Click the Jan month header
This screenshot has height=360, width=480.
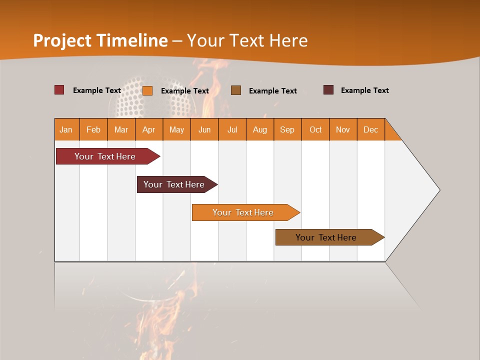click(66, 129)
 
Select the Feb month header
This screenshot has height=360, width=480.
click(93, 129)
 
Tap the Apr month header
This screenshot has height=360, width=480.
click(149, 129)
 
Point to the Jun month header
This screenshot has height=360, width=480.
click(204, 129)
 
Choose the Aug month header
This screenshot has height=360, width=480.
click(260, 129)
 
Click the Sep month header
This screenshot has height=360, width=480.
click(287, 129)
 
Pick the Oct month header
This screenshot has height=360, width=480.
click(315, 129)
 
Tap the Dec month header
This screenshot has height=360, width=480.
click(371, 129)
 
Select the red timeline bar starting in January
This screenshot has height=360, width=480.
click(105, 156)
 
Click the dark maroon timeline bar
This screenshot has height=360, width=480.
click(174, 184)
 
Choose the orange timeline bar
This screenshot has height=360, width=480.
click(243, 212)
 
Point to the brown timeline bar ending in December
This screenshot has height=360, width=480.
click(326, 237)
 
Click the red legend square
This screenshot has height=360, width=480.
click(59, 90)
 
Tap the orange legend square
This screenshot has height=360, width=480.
click(147, 90)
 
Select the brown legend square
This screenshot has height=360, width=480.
click(236, 90)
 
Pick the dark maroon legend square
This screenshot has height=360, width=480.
click(328, 90)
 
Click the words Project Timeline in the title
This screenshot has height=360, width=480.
click(100, 40)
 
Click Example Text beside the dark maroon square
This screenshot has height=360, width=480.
click(364, 90)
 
